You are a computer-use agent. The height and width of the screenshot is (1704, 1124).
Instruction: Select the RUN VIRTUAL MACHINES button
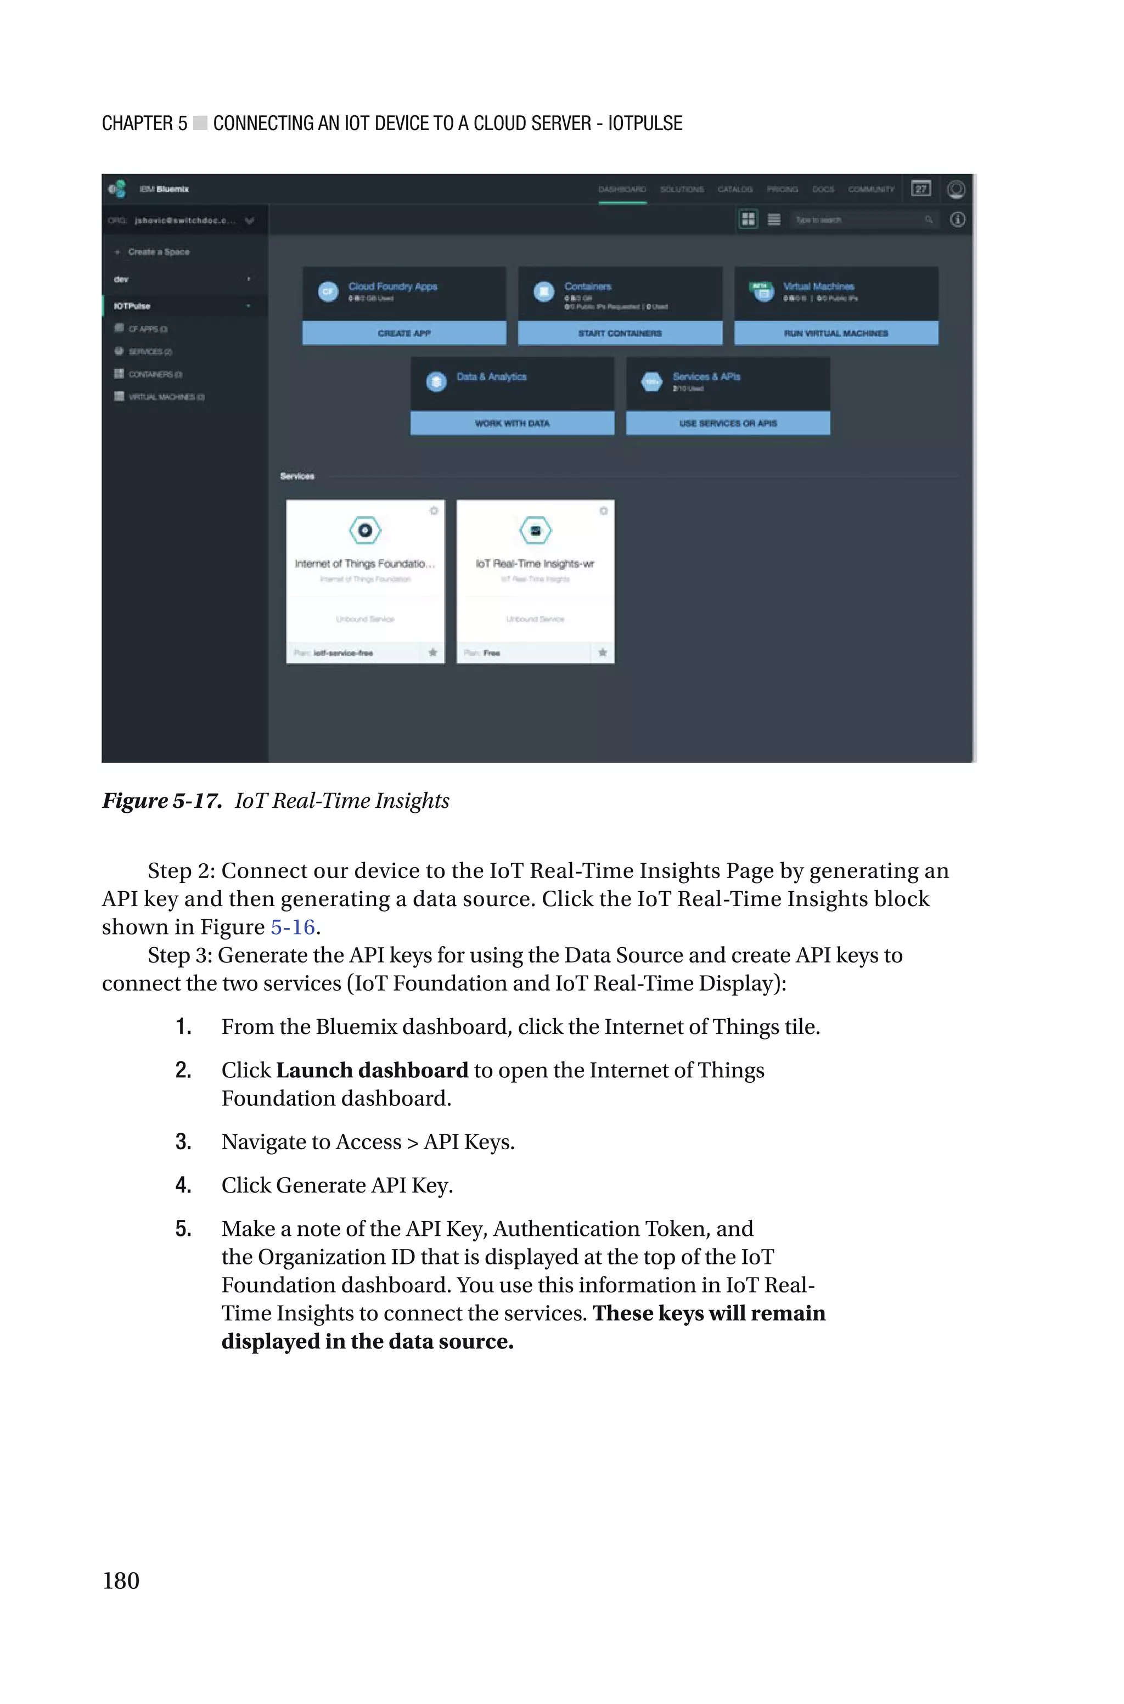tap(836, 333)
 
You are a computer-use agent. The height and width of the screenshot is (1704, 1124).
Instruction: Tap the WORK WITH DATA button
tap(512, 424)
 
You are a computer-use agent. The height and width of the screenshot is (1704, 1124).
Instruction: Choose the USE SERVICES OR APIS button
tap(728, 424)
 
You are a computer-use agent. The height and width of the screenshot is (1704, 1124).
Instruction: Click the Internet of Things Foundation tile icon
tap(365, 530)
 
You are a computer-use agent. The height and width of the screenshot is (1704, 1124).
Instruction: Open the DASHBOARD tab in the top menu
tap(622, 189)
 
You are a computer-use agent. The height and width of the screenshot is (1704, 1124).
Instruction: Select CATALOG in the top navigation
tap(735, 189)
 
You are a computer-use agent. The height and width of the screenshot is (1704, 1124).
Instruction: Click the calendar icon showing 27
tap(921, 188)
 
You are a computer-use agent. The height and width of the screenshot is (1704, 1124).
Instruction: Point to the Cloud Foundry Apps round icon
tap(328, 291)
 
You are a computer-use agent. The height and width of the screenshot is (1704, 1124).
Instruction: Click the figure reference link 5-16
tap(293, 927)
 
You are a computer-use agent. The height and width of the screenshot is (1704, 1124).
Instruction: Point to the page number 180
tap(121, 1580)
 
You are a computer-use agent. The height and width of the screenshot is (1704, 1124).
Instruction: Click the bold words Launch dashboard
tap(372, 1071)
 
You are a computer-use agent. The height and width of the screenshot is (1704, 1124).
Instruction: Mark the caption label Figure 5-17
tap(162, 800)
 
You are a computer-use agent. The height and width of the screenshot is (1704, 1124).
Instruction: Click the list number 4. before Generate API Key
tap(183, 1185)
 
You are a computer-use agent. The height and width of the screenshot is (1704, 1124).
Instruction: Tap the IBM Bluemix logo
tap(117, 189)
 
